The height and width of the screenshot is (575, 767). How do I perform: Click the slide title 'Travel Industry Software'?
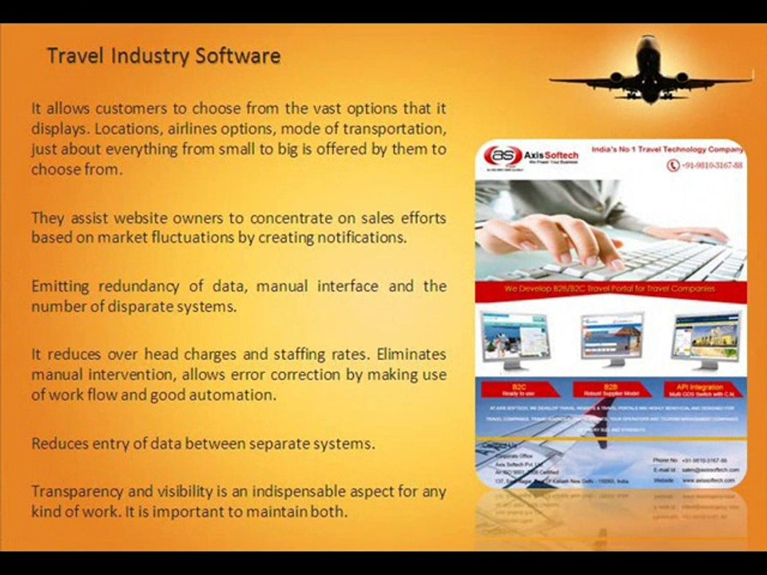click(x=164, y=57)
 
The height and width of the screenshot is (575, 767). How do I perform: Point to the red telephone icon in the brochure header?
click(x=673, y=165)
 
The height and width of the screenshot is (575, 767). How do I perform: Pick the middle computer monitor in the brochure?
click(x=611, y=338)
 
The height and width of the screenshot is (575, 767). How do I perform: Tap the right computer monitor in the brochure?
click(x=705, y=339)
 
